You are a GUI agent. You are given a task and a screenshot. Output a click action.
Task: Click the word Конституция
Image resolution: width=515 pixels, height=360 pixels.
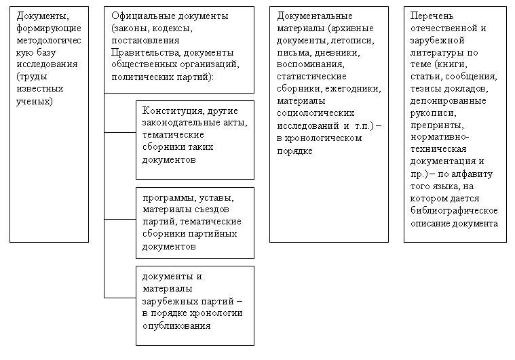[170, 111]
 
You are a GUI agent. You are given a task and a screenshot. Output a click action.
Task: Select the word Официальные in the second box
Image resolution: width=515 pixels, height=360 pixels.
[138, 16]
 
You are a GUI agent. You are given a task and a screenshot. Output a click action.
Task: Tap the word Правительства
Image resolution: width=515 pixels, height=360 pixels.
[141, 52]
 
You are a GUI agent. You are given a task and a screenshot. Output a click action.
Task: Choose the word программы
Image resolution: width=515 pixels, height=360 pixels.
[168, 197]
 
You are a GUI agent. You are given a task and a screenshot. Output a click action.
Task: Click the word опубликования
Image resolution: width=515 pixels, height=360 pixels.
[176, 325]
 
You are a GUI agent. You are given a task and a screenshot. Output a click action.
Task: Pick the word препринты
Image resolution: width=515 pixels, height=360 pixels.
[436, 125]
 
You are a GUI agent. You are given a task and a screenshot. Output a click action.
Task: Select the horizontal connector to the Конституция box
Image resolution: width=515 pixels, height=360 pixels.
[119, 132]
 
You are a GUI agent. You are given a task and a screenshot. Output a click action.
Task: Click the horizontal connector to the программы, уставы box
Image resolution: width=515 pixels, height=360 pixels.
[119, 219]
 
